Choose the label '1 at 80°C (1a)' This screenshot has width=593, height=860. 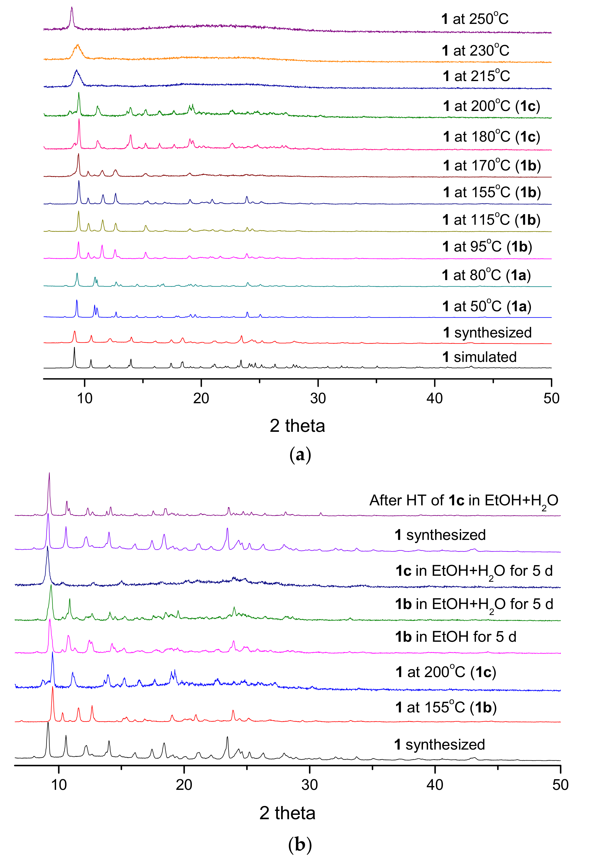click(x=486, y=275)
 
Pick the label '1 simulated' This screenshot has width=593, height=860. click(x=479, y=357)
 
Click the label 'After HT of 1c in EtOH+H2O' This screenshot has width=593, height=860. click(x=463, y=500)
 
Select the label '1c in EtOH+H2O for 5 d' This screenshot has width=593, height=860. click(x=474, y=571)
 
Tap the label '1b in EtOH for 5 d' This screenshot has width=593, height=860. click(x=456, y=637)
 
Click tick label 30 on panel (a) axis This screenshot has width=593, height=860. click(x=318, y=399)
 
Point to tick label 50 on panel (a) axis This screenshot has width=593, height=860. click(x=551, y=399)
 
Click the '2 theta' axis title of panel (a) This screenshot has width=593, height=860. click(x=297, y=426)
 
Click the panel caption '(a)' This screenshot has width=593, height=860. click(x=300, y=454)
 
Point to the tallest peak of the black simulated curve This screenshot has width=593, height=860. click(x=74, y=348)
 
